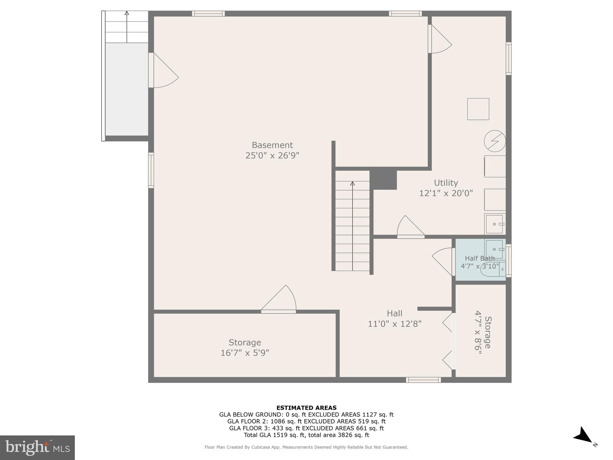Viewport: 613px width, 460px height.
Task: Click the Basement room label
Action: [272, 145]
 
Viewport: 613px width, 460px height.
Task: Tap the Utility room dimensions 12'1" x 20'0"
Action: [446, 193]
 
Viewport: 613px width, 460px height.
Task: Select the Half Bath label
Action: [480, 258]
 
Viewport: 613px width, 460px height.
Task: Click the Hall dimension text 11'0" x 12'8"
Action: [394, 324]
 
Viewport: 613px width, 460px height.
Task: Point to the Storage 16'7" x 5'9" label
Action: [245, 347]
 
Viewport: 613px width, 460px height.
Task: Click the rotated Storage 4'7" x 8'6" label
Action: [483, 332]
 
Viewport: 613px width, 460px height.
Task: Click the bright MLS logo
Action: [37, 447]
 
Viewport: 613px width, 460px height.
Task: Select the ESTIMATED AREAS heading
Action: [306, 408]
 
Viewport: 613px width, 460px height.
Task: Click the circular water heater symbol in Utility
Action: [495, 141]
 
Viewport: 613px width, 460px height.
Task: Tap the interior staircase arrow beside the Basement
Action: [352, 225]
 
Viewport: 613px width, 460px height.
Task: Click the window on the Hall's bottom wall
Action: [423, 380]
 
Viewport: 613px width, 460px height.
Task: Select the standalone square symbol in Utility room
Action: [478, 109]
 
